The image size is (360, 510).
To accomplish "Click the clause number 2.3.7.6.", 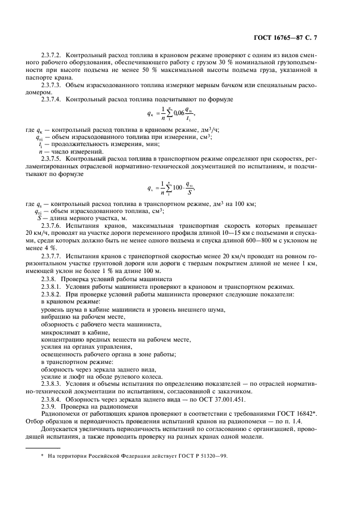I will [53, 224].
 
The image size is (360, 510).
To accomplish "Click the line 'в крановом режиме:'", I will [70, 301].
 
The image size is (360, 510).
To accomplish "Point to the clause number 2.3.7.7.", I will [53, 255].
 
